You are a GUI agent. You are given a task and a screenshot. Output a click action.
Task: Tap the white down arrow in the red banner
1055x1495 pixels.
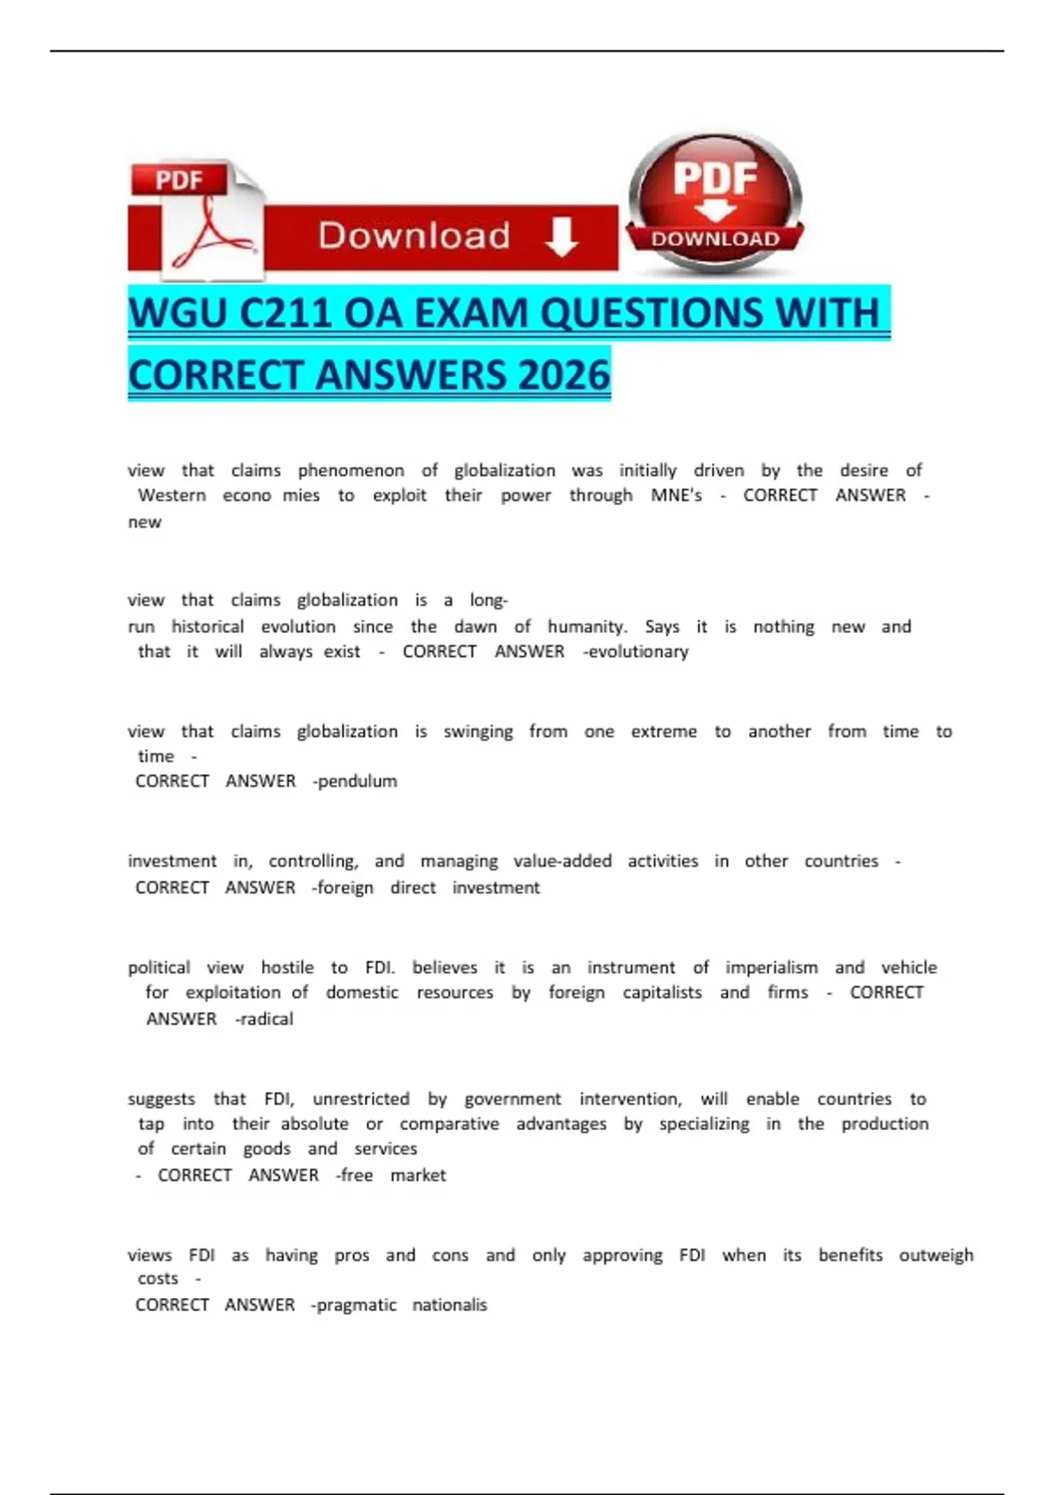[x=561, y=236]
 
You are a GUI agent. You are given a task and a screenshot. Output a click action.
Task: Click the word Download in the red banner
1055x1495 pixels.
[x=414, y=236]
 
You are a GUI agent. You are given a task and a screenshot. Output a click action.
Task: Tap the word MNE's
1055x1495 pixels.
[x=676, y=495]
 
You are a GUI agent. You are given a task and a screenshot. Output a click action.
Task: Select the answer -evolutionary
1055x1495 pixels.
[x=636, y=652]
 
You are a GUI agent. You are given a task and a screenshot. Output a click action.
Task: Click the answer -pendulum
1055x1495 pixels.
[x=355, y=781]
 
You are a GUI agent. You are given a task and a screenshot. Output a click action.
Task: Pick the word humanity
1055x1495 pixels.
[x=587, y=627]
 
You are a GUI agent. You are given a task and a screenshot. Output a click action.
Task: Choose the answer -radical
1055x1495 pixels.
[x=265, y=1018]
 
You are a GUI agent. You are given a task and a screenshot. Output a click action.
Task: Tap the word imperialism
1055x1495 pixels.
[x=771, y=967]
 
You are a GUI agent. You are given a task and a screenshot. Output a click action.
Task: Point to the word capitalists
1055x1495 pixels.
[x=662, y=993]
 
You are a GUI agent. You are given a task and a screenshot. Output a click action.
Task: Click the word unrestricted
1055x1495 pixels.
[x=361, y=1098]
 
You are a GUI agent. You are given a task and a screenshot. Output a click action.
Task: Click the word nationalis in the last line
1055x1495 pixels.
[x=449, y=1305]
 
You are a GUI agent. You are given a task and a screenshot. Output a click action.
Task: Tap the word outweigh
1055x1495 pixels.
[x=936, y=1255]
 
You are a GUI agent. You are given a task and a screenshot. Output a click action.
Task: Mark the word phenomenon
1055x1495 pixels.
[x=351, y=470]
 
